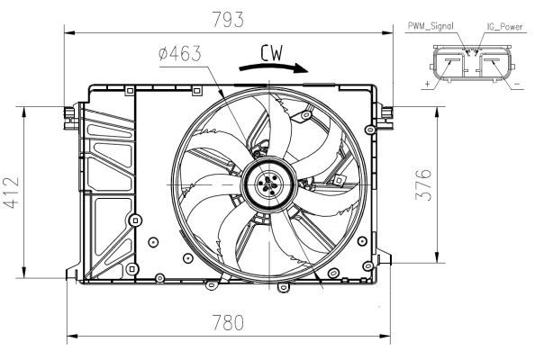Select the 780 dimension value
(229, 323)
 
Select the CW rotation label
(273, 54)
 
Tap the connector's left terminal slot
(450, 67)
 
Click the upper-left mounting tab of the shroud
(68, 112)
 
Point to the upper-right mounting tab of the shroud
(387, 113)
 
